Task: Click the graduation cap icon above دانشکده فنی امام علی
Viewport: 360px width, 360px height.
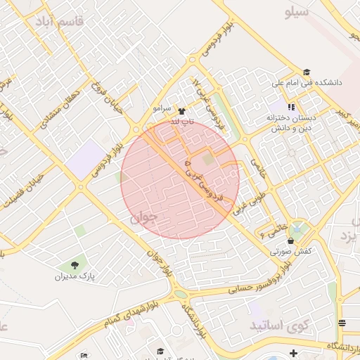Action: click(x=306, y=72)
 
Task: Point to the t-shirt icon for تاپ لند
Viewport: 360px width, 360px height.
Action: click(x=182, y=111)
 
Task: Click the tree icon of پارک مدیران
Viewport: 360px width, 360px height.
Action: click(x=75, y=265)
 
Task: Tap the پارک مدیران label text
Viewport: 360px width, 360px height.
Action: click(x=75, y=276)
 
